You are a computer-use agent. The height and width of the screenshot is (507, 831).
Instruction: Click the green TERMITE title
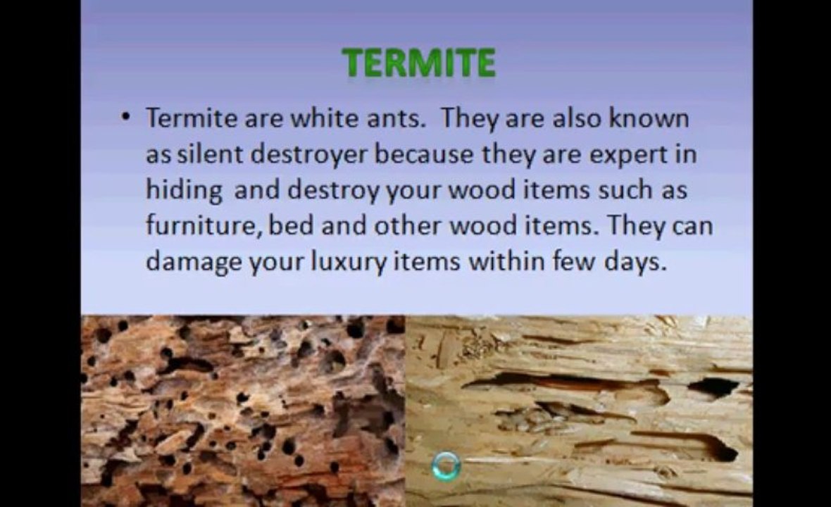[x=419, y=63]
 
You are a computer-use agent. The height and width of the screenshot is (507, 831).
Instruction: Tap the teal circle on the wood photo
[x=446, y=465]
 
